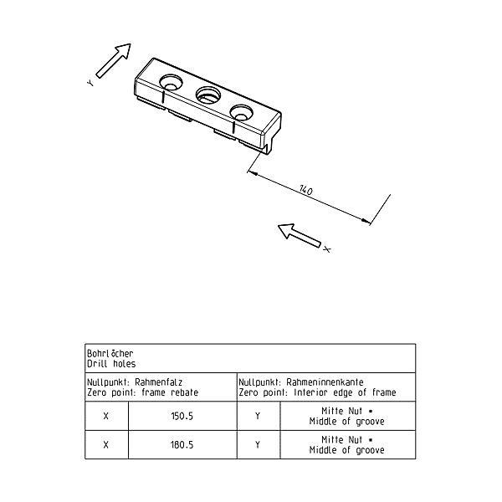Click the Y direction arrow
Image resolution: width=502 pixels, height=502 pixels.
coord(114,60)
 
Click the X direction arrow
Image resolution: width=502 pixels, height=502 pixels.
coord(299,235)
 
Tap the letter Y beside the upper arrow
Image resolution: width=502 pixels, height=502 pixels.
coord(90,83)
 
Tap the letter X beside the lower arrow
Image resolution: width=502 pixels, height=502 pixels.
coord(327,249)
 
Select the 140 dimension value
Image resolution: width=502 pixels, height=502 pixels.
coord(305,190)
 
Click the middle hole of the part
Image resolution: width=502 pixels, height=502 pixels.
coord(208,95)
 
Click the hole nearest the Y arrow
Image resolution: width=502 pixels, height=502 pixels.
coord(172,82)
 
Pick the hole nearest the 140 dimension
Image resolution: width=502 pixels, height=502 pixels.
coord(242,112)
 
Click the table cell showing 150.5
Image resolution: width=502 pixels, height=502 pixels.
coord(182,416)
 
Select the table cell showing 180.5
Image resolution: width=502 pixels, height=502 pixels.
coord(182,445)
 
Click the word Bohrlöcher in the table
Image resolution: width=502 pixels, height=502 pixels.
coord(110,353)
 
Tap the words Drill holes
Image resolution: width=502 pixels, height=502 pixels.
coord(111,364)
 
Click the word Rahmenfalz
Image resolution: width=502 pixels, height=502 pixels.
coord(158,382)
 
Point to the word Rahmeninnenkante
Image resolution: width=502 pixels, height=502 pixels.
coord(325,382)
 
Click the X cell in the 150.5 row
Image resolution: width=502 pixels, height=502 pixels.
coord(106,416)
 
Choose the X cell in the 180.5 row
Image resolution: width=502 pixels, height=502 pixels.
coord(106,445)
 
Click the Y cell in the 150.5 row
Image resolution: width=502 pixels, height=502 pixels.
coord(258,416)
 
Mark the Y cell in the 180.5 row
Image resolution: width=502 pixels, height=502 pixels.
coord(258,445)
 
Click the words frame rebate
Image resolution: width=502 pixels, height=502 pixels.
coord(170,392)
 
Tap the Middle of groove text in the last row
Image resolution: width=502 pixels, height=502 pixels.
coord(346,450)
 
